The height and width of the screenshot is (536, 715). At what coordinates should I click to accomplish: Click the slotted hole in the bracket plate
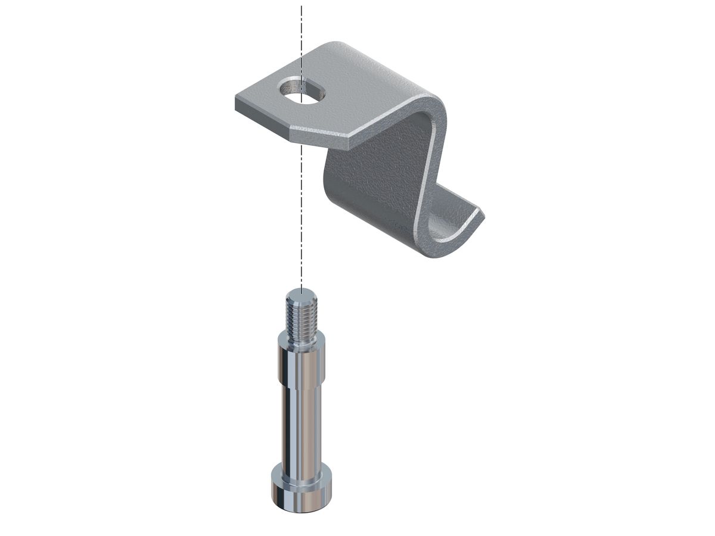(x=300, y=92)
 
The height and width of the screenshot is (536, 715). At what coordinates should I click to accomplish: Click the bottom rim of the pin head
(x=301, y=509)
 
